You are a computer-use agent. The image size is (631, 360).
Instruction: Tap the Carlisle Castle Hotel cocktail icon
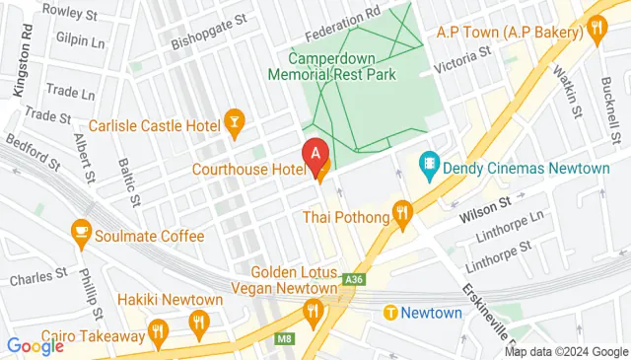pos(235,122)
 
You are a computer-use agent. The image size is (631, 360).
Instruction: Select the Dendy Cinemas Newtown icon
pos(429,161)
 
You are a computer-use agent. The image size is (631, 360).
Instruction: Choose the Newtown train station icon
pos(390,313)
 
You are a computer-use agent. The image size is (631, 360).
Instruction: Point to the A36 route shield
pos(352,281)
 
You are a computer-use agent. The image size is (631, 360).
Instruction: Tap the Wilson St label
pos(485,203)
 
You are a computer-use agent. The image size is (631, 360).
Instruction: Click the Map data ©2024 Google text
pos(565,351)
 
